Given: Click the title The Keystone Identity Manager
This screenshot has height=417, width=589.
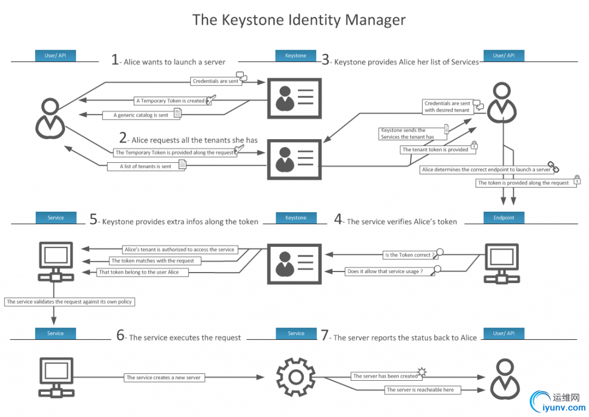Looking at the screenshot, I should pos(299,20).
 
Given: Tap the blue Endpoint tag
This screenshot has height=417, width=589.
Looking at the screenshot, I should pos(503,218).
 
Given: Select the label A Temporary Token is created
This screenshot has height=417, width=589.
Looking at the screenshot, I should pos(170,101).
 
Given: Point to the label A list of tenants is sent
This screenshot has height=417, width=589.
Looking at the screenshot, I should pos(145,166).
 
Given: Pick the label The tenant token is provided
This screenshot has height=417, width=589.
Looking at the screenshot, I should pos(435,150).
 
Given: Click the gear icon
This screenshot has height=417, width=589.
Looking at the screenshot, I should pos(296,377).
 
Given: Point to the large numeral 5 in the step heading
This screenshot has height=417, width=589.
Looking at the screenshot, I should pos(94,220).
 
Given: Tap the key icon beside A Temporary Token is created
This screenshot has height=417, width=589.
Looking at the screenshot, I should pos(211,100).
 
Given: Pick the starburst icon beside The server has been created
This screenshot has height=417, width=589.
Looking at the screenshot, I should pos(422,373).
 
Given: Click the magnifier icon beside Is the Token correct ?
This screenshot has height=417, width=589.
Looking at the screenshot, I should pos(440,252).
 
